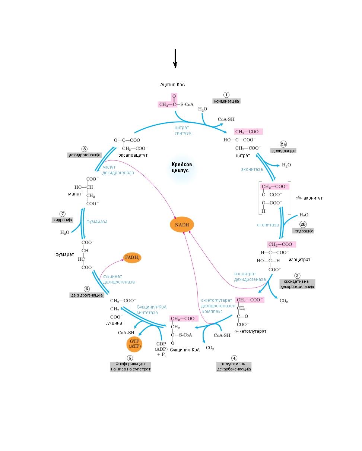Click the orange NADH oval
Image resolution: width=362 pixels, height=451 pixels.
point(182,225)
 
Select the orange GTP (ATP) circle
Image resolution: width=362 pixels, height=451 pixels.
point(134,344)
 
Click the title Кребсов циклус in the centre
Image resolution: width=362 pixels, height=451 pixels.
point(182,167)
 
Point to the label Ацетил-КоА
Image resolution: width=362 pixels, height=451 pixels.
point(172,85)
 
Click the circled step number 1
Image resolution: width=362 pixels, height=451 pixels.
point(226,95)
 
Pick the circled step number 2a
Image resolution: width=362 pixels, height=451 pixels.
point(283,144)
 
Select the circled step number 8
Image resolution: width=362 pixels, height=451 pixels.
point(85,149)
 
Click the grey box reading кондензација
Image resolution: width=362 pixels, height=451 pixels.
point(226,101)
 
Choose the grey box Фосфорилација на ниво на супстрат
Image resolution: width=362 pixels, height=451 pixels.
point(130,366)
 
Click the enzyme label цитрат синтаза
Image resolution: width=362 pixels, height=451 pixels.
point(183,130)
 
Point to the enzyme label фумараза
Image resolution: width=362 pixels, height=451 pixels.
point(97,222)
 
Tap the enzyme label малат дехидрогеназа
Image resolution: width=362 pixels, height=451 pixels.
point(118,170)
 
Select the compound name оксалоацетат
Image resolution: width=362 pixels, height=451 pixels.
point(133,155)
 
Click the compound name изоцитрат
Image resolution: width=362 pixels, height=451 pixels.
point(299,260)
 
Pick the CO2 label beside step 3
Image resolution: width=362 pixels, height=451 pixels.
point(284,301)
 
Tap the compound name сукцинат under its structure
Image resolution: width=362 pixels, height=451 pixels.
point(115,323)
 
